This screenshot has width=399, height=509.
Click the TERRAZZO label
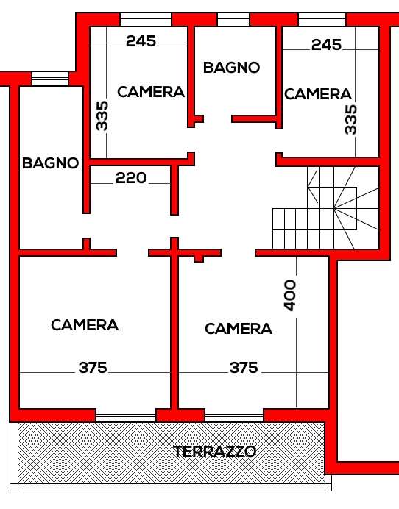click(x=214, y=451)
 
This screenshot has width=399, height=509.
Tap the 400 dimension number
click(x=290, y=296)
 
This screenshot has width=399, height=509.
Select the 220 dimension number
click(x=131, y=178)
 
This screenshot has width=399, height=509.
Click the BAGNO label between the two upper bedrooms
click(x=231, y=68)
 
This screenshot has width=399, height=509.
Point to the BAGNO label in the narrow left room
click(x=50, y=163)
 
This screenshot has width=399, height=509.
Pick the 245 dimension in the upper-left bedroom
click(x=141, y=41)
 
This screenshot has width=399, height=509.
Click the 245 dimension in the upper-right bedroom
click(x=327, y=44)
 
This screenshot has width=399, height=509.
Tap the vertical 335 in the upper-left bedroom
click(x=102, y=115)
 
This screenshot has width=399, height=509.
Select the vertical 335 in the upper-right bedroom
click(x=350, y=119)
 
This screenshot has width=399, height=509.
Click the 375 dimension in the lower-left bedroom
click(x=93, y=368)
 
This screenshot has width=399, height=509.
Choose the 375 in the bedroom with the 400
click(x=244, y=368)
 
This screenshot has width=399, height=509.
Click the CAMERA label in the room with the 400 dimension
click(x=239, y=329)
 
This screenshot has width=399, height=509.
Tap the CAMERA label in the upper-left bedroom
click(x=151, y=92)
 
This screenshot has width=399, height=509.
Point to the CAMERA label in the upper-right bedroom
click(x=318, y=94)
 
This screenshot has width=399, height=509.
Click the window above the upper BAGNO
click(x=233, y=19)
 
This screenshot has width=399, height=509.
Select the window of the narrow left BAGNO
click(x=50, y=79)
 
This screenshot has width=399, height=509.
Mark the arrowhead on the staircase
click(x=313, y=188)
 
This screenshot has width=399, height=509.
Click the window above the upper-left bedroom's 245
click(x=146, y=19)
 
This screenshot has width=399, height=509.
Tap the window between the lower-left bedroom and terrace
click(x=126, y=418)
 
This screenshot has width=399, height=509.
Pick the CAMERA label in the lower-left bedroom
click(x=85, y=325)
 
